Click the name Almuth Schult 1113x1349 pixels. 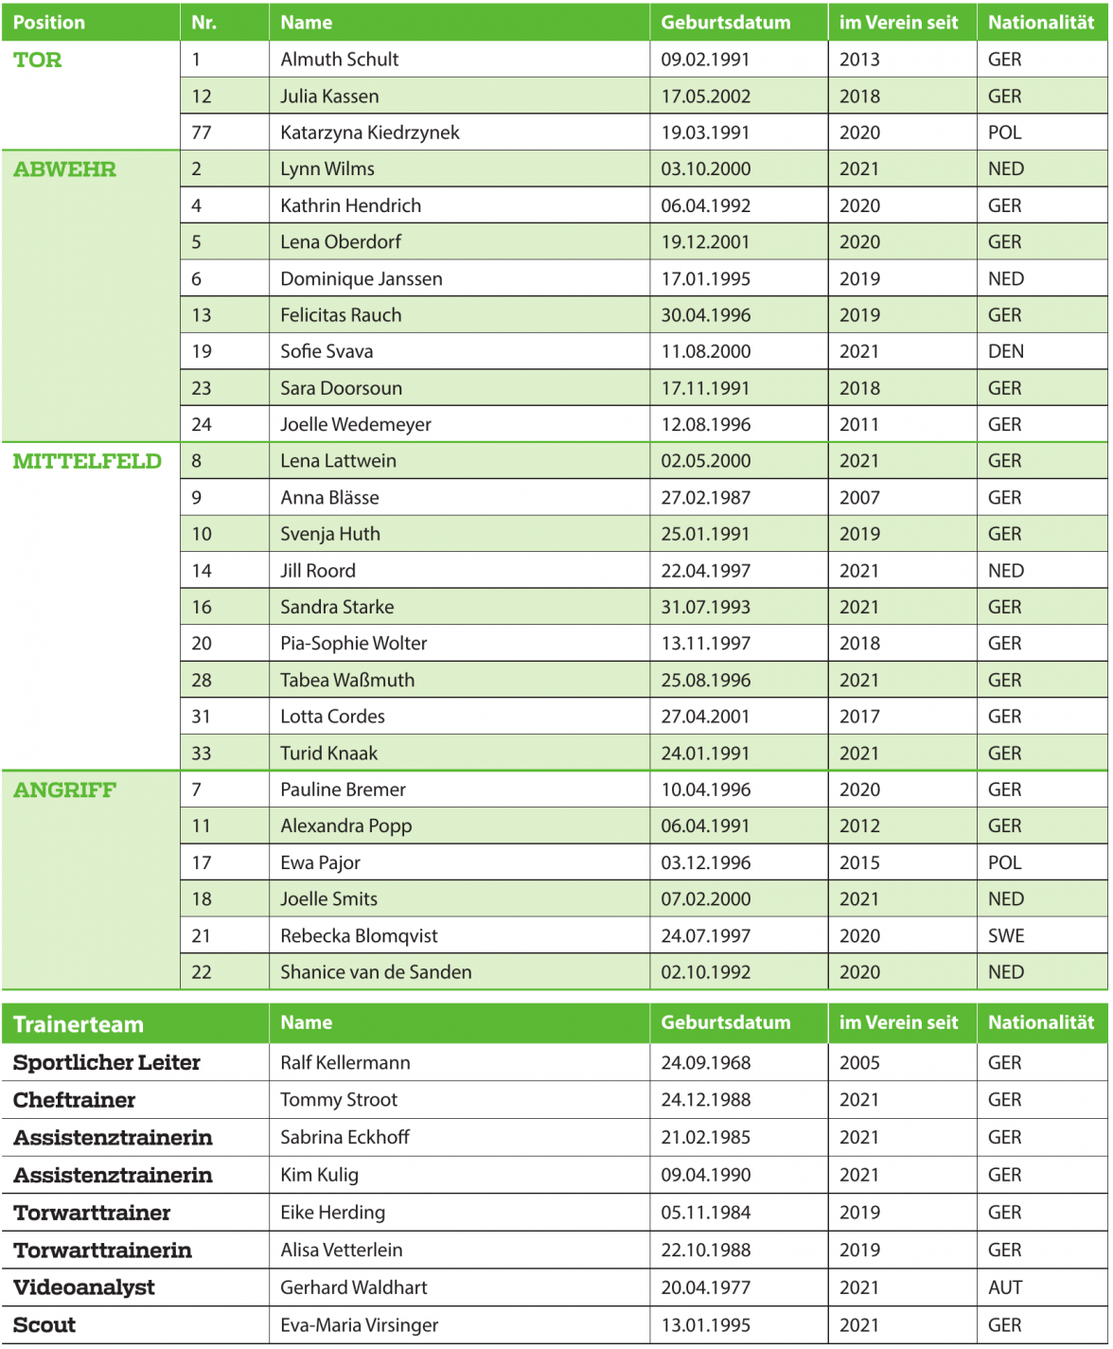coord(339,60)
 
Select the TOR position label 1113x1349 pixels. coord(38,61)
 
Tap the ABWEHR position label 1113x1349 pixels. coord(64,170)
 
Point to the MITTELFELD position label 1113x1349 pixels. coord(87,462)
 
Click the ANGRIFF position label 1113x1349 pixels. coord(64,790)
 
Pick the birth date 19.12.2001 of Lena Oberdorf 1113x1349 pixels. coord(705,242)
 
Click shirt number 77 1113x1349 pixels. coord(202,133)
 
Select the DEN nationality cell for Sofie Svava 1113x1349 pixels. coord(1005,352)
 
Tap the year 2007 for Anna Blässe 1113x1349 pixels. coord(859,498)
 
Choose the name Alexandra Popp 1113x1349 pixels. coord(345,826)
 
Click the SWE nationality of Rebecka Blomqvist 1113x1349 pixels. coord(1005,936)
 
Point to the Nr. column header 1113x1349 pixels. coord(203,23)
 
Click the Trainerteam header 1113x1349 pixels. coord(79,1024)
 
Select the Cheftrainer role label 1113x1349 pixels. coord(74,1100)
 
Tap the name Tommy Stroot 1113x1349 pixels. coord(338,1100)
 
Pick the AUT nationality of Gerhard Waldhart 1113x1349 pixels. coord(1005,1287)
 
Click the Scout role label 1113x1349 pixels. coord(44,1325)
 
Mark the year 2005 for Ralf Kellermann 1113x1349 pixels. coord(859,1063)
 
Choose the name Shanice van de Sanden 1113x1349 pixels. coord(376,972)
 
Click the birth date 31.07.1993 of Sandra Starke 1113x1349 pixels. coord(705,608)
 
